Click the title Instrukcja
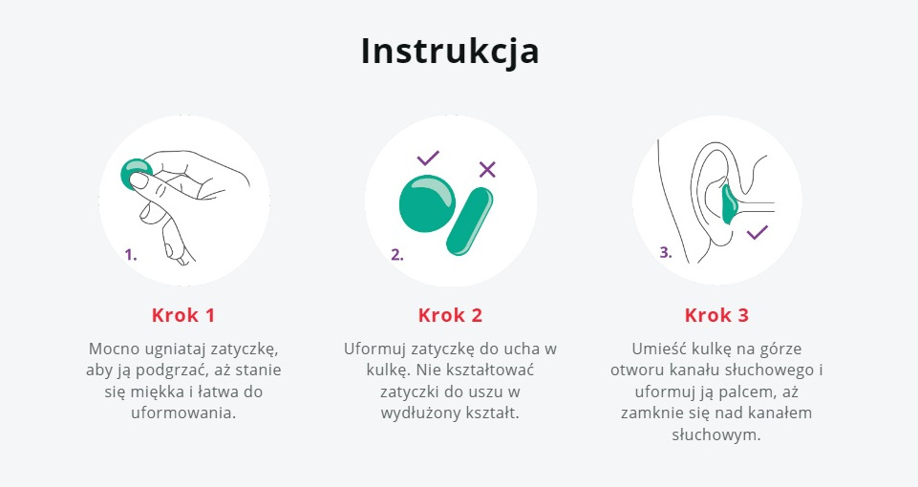point(450,52)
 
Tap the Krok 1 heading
point(183,315)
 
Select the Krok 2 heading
point(450,315)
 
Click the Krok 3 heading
point(716,315)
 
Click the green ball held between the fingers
point(136,173)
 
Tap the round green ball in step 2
point(427,203)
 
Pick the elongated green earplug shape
point(470,222)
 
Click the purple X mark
point(487,169)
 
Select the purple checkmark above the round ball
point(428,159)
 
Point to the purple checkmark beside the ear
point(757,232)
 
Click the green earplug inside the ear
point(730,205)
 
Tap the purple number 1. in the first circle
point(131,255)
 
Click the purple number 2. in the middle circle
point(397,255)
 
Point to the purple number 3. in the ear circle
point(666,252)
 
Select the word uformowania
point(183,413)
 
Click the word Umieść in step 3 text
point(652,349)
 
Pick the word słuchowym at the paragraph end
point(716,434)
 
